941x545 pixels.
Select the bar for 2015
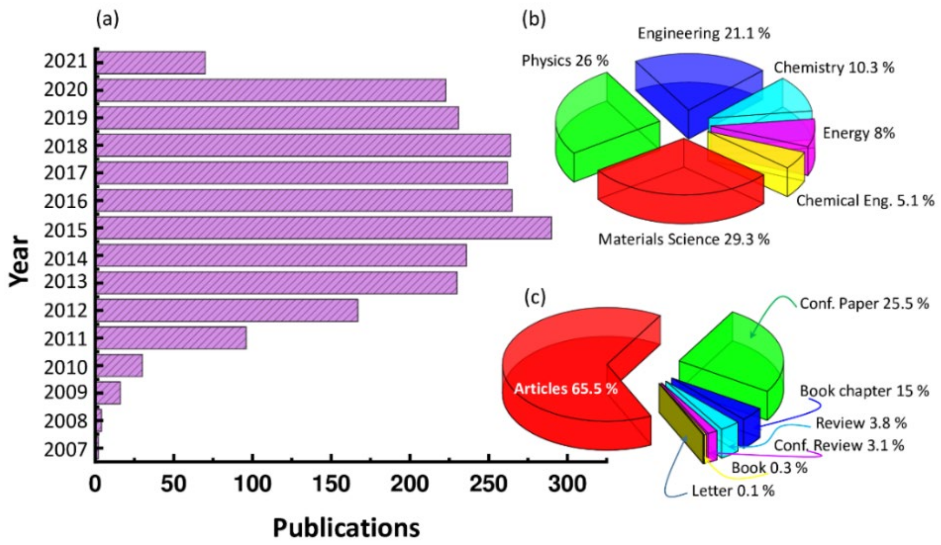pos(324,228)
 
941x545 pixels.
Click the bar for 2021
pos(151,63)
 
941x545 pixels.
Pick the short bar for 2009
pos(109,393)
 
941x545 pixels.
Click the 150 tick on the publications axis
pos(331,484)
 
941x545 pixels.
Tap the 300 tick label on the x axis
pos(567,484)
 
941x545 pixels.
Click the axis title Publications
pos(346,528)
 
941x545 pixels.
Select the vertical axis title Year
pos(20,260)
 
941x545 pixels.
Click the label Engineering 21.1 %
pos(704,34)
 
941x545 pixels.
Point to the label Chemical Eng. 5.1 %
pos(865,201)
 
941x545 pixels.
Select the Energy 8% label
pos(858,133)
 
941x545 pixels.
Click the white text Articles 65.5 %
pos(566,389)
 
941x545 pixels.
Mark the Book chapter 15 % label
pos(864,391)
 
